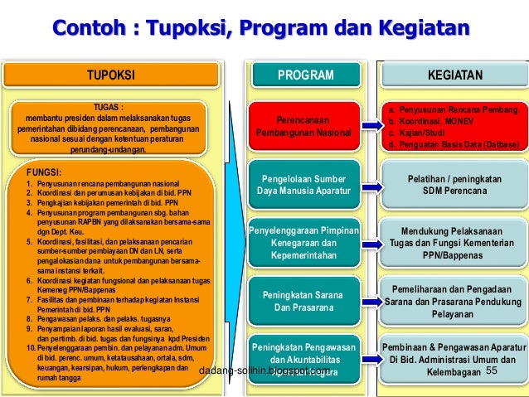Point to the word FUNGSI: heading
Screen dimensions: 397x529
(49, 172)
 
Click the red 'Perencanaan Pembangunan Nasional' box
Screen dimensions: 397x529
(303, 126)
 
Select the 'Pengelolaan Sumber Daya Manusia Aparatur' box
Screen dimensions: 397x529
(303, 185)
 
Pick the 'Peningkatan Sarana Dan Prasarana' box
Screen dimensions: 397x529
(303, 301)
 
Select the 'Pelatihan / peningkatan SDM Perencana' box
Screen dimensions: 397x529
(454, 185)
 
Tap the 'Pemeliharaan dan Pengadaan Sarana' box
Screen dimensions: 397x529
(454, 301)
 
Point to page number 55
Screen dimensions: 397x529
(491, 370)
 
